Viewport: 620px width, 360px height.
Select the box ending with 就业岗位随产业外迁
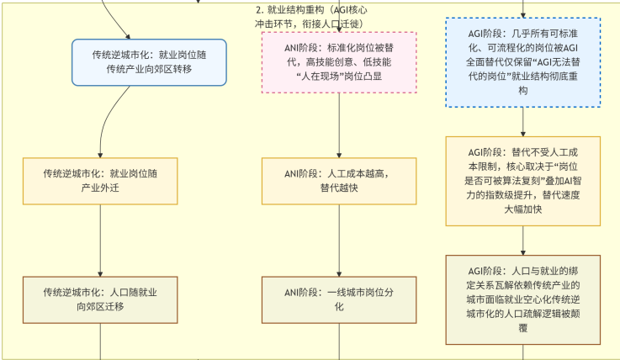(100, 180)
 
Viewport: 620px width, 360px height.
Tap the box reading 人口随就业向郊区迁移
(100, 299)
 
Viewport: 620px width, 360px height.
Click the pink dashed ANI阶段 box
(339, 61)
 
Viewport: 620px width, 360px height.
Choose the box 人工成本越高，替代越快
(339, 180)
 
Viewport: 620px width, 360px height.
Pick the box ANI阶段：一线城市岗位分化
(339, 299)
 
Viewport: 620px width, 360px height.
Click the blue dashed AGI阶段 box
(522, 66)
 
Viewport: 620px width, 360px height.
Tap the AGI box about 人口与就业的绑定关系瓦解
(522, 299)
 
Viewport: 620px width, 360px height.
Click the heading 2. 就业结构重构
(310, 15)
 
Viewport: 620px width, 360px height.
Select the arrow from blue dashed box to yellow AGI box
(522, 121)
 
